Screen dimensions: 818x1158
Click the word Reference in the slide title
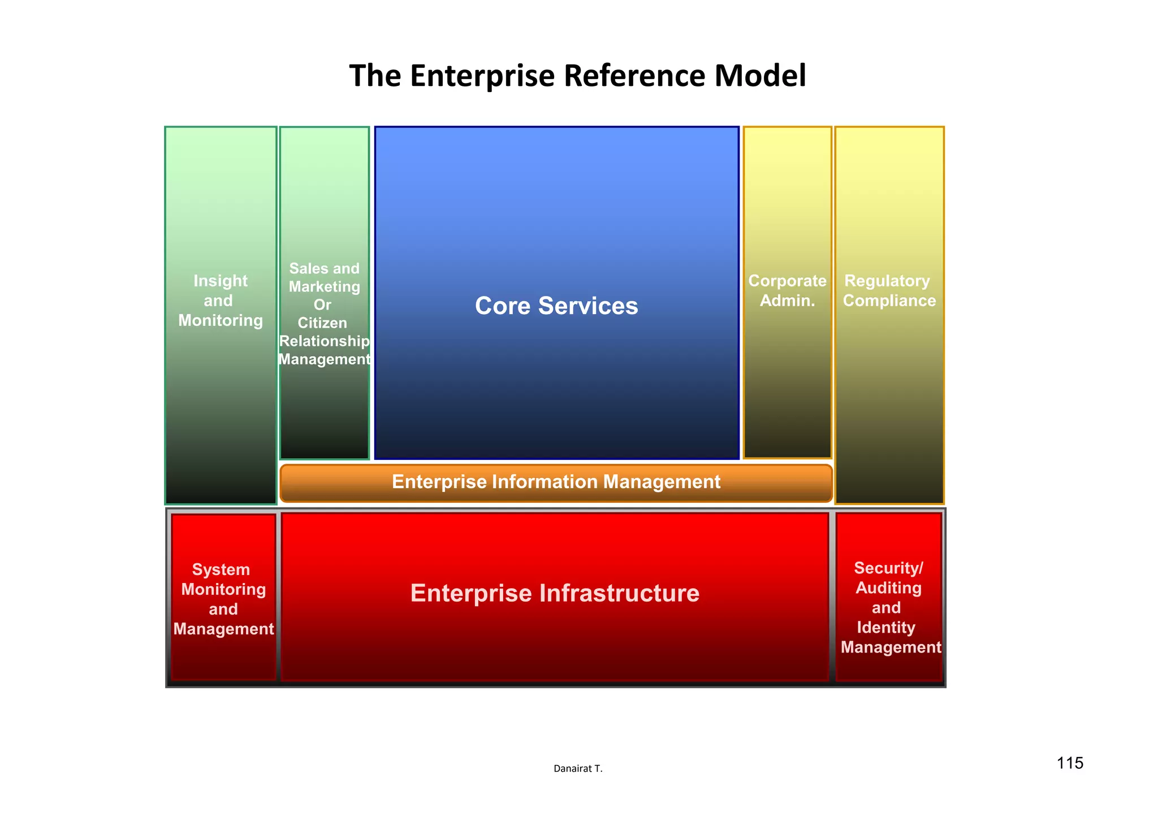[636, 76]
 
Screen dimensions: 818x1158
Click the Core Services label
[556, 306]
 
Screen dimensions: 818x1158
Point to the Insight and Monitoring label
[221, 301]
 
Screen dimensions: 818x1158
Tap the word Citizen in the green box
[322, 323]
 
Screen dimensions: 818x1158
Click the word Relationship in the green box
[324, 341]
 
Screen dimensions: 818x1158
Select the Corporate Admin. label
[787, 290]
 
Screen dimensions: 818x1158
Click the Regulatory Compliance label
[889, 290]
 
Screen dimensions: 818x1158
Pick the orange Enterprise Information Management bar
[556, 482]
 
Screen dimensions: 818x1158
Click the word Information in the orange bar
[546, 482]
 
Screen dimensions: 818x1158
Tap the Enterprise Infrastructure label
[555, 593]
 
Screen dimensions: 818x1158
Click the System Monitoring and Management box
[223, 599]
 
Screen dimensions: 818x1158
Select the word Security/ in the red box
[888, 568]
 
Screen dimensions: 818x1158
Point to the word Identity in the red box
[886, 628]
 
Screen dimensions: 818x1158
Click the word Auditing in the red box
[888, 588]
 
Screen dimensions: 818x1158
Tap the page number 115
[1070, 763]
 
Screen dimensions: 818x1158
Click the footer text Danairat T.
[578, 768]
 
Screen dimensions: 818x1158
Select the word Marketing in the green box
[324, 286]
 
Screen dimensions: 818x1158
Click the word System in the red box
[221, 569]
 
